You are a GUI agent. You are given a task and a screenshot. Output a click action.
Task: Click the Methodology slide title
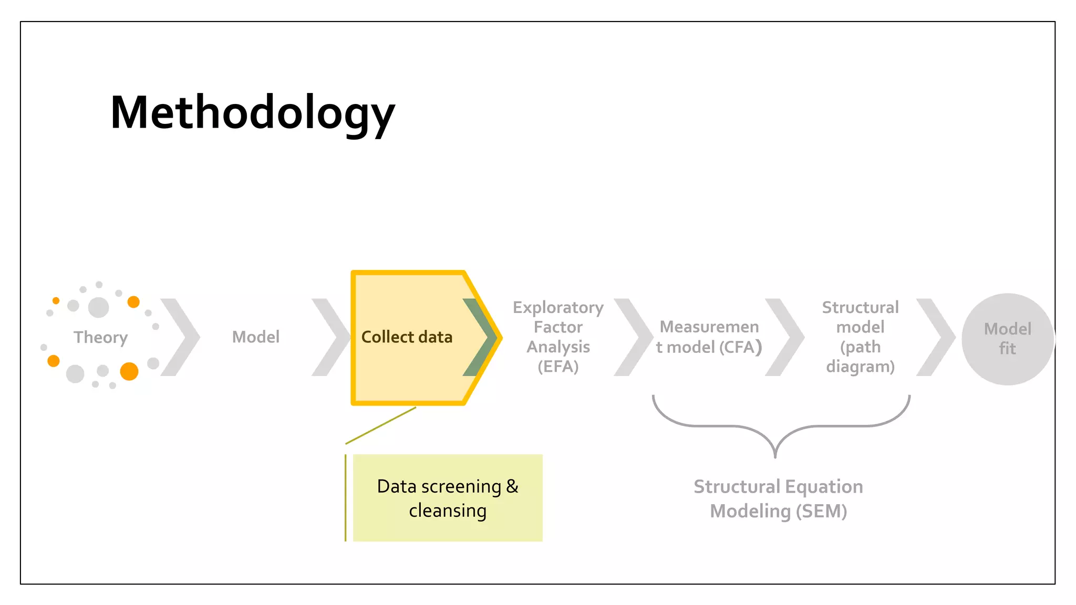click(252, 113)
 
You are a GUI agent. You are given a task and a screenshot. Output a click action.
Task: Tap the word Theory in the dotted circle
click(100, 337)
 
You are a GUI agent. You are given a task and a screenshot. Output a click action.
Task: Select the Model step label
click(256, 337)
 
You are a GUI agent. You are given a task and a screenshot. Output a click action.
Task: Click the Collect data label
click(407, 337)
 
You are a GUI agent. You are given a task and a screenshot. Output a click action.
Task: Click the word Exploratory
click(558, 308)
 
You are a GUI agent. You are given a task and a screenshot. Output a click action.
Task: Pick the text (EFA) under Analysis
click(558, 366)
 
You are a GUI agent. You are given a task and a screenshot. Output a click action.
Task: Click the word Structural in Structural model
click(860, 307)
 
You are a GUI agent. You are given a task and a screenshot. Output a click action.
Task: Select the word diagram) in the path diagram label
click(860, 366)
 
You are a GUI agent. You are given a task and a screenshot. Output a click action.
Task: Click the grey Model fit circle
click(1007, 339)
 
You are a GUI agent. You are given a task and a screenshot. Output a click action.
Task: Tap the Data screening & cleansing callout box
click(448, 498)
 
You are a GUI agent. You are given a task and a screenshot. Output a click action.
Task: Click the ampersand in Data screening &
click(512, 486)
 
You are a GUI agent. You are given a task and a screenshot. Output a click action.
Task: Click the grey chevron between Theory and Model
click(181, 337)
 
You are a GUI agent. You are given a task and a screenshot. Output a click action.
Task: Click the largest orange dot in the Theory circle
click(129, 371)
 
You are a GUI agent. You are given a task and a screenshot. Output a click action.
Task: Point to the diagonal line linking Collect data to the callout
click(381, 425)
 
